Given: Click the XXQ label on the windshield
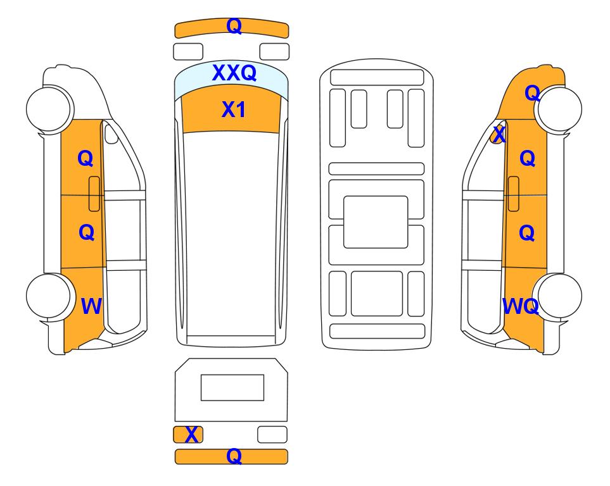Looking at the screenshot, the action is pyautogui.click(x=234, y=73).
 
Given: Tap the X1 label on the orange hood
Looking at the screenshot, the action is pyautogui.click(x=233, y=109).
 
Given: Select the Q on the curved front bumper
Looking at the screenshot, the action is pyautogui.click(x=234, y=26).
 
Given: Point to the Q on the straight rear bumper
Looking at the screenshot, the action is pyautogui.click(x=234, y=456).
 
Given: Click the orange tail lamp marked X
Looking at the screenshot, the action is pyautogui.click(x=188, y=434).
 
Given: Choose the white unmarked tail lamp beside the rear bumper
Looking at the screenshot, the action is pyautogui.click(x=272, y=434).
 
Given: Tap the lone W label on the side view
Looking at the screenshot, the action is pyautogui.click(x=91, y=306).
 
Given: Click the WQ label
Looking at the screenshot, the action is pyautogui.click(x=521, y=306).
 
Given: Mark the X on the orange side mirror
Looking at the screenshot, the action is pyautogui.click(x=499, y=135).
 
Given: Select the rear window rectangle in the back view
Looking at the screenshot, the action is pyautogui.click(x=232, y=387).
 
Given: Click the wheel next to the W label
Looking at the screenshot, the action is pyautogui.click(x=49, y=296).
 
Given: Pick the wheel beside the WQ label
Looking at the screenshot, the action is pyautogui.click(x=558, y=296).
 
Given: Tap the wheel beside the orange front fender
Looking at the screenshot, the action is pyautogui.click(x=559, y=109).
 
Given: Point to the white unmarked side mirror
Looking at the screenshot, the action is pyautogui.click(x=111, y=134).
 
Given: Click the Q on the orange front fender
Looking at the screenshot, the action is pyautogui.click(x=532, y=93).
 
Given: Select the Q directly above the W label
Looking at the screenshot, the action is pyautogui.click(x=86, y=232).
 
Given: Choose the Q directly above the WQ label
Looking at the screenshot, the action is pyautogui.click(x=527, y=232).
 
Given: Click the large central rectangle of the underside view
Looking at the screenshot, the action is pyautogui.click(x=376, y=222).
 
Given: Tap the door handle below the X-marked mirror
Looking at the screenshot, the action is pyautogui.click(x=513, y=194).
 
